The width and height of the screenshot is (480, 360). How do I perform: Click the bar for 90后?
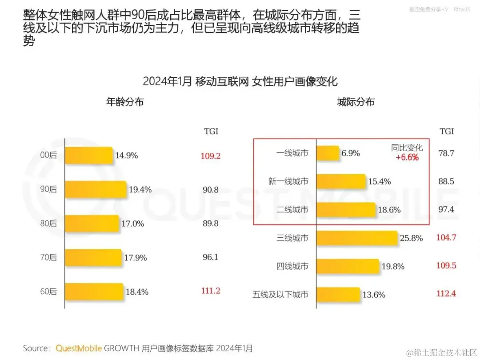(x=96, y=190)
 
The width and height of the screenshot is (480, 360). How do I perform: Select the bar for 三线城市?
(x=357, y=238)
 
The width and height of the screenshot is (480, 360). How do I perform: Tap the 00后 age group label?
(x=48, y=156)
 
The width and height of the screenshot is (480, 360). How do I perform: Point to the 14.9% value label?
(x=127, y=156)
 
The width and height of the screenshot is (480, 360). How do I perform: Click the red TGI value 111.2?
(x=210, y=291)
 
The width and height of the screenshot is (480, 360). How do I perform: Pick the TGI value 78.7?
(x=446, y=153)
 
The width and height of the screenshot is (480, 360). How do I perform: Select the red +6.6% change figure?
(x=407, y=157)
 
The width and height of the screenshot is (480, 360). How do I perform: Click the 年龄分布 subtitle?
(x=125, y=102)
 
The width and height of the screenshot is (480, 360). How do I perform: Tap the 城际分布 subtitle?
(x=356, y=102)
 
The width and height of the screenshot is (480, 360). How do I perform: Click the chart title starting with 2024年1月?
(x=240, y=81)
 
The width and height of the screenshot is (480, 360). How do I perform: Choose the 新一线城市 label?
(x=288, y=181)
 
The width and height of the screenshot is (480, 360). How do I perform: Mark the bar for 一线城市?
(x=328, y=153)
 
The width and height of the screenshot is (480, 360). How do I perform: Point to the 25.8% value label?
(x=411, y=238)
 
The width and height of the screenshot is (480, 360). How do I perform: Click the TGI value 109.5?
(x=446, y=265)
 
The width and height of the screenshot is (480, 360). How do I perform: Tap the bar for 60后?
(x=94, y=292)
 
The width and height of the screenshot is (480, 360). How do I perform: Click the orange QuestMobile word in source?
(x=79, y=348)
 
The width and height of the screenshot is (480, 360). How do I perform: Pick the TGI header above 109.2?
(x=211, y=132)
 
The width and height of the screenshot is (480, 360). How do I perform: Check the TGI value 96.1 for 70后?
(x=210, y=257)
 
